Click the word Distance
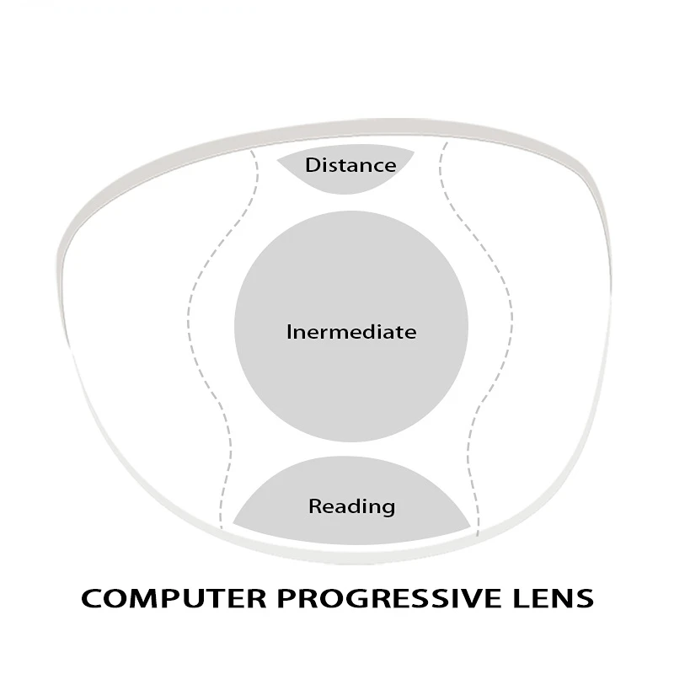tap(350, 164)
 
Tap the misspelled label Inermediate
tap(351, 332)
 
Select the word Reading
tap(351, 506)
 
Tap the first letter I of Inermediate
tap(289, 332)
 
